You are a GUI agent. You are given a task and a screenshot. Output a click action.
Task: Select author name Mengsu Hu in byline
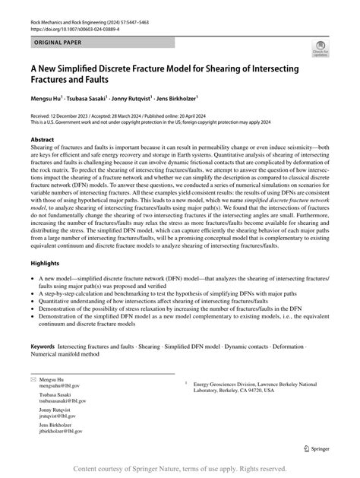pyautogui.click(x=46, y=97)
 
